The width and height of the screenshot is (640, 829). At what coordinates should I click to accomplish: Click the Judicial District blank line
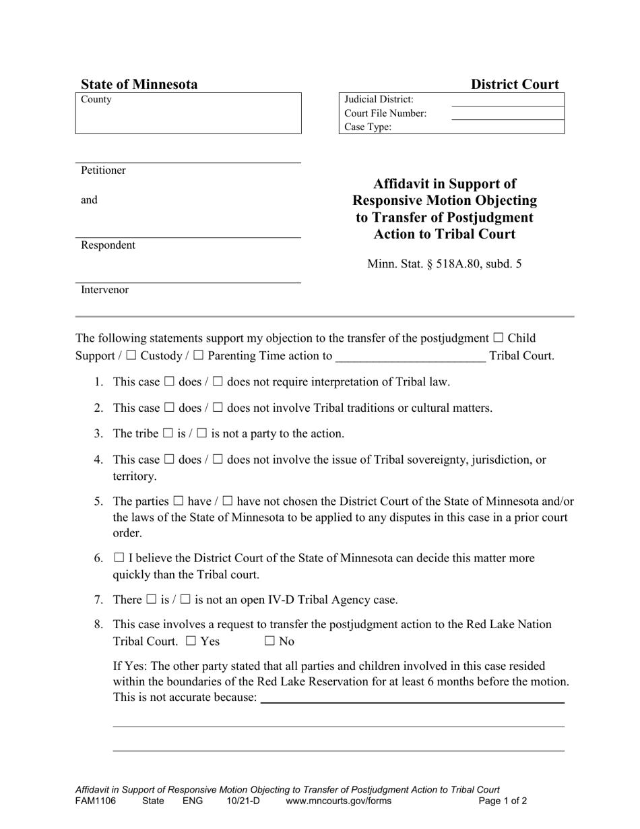(x=507, y=100)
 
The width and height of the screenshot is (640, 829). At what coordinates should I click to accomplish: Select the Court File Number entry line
(x=507, y=114)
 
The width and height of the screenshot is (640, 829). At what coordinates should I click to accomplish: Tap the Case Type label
(x=368, y=127)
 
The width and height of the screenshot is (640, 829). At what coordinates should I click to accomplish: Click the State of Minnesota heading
(x=139, y=84)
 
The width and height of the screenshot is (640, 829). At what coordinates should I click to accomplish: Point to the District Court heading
(x=514, y=84)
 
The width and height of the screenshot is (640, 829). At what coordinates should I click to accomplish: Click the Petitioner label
(x=103, y=171)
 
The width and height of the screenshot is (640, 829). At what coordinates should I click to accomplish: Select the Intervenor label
(x=104, y=290)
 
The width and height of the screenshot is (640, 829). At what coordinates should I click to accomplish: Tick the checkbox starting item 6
(x=119, y=558)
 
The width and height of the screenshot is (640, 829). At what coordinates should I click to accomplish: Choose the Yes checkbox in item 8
(x=191, y=642)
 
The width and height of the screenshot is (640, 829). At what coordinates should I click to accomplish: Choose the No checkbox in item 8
(x=270, y=642)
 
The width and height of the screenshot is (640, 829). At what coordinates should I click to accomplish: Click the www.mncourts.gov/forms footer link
(x=338, y=801)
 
